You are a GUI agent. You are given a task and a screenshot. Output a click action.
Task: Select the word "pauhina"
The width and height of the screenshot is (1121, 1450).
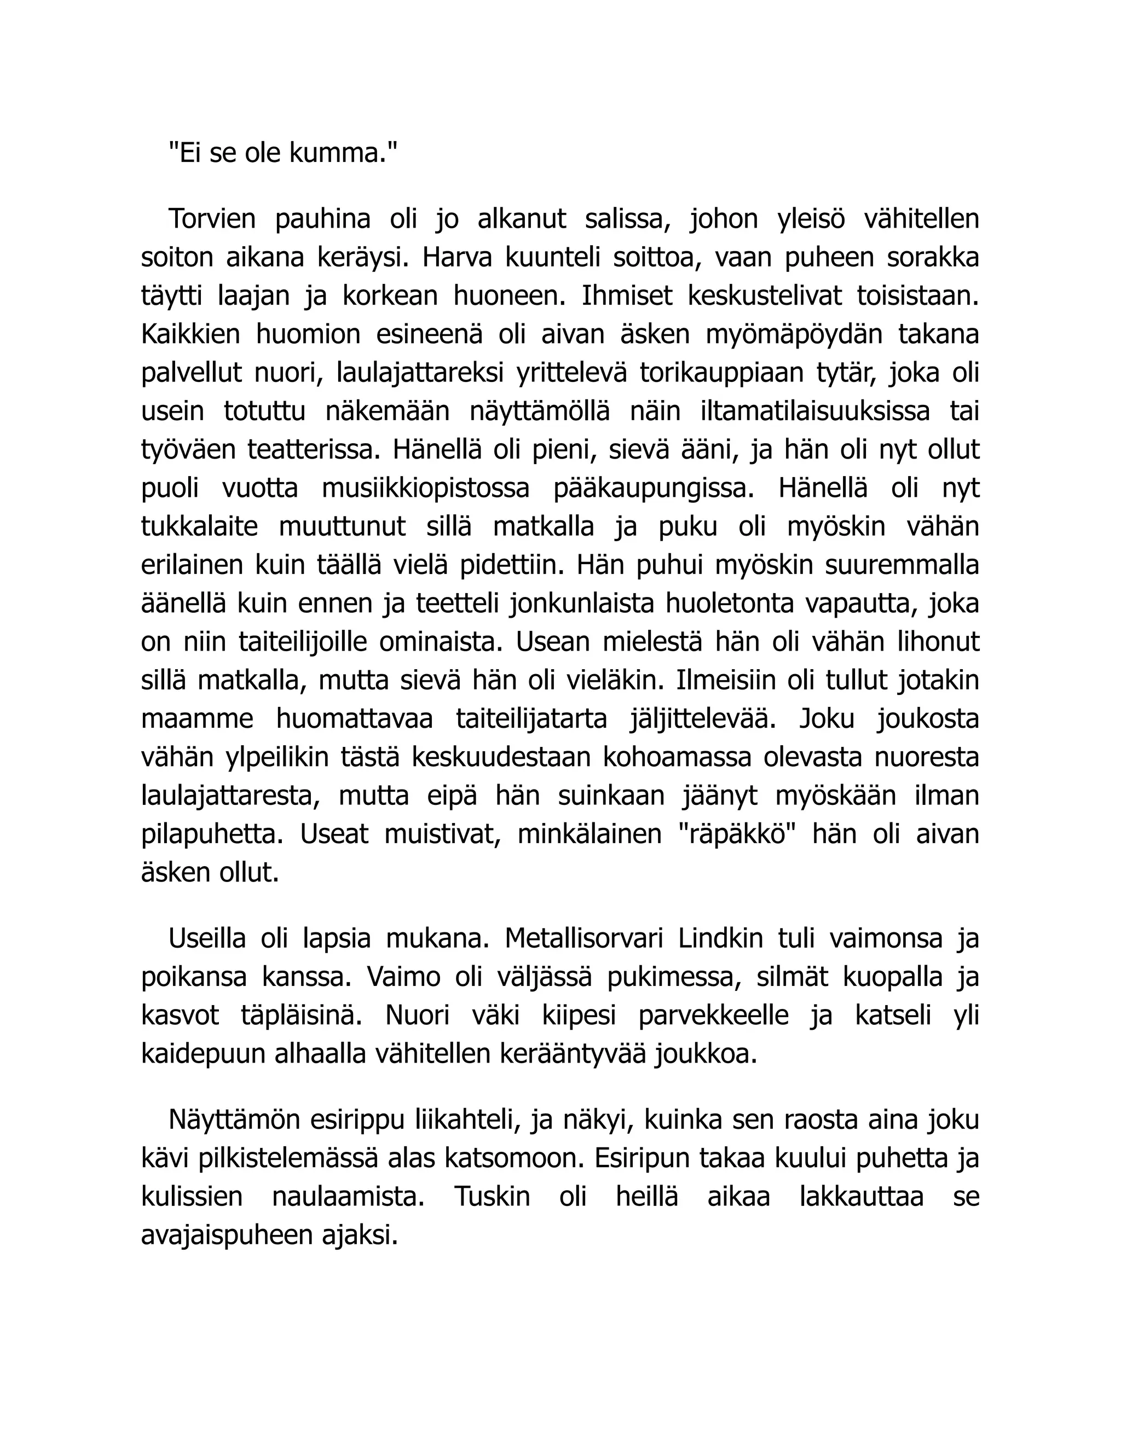click(322, 218)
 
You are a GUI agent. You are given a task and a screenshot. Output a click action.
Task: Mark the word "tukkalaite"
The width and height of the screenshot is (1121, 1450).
click(199, 526)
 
